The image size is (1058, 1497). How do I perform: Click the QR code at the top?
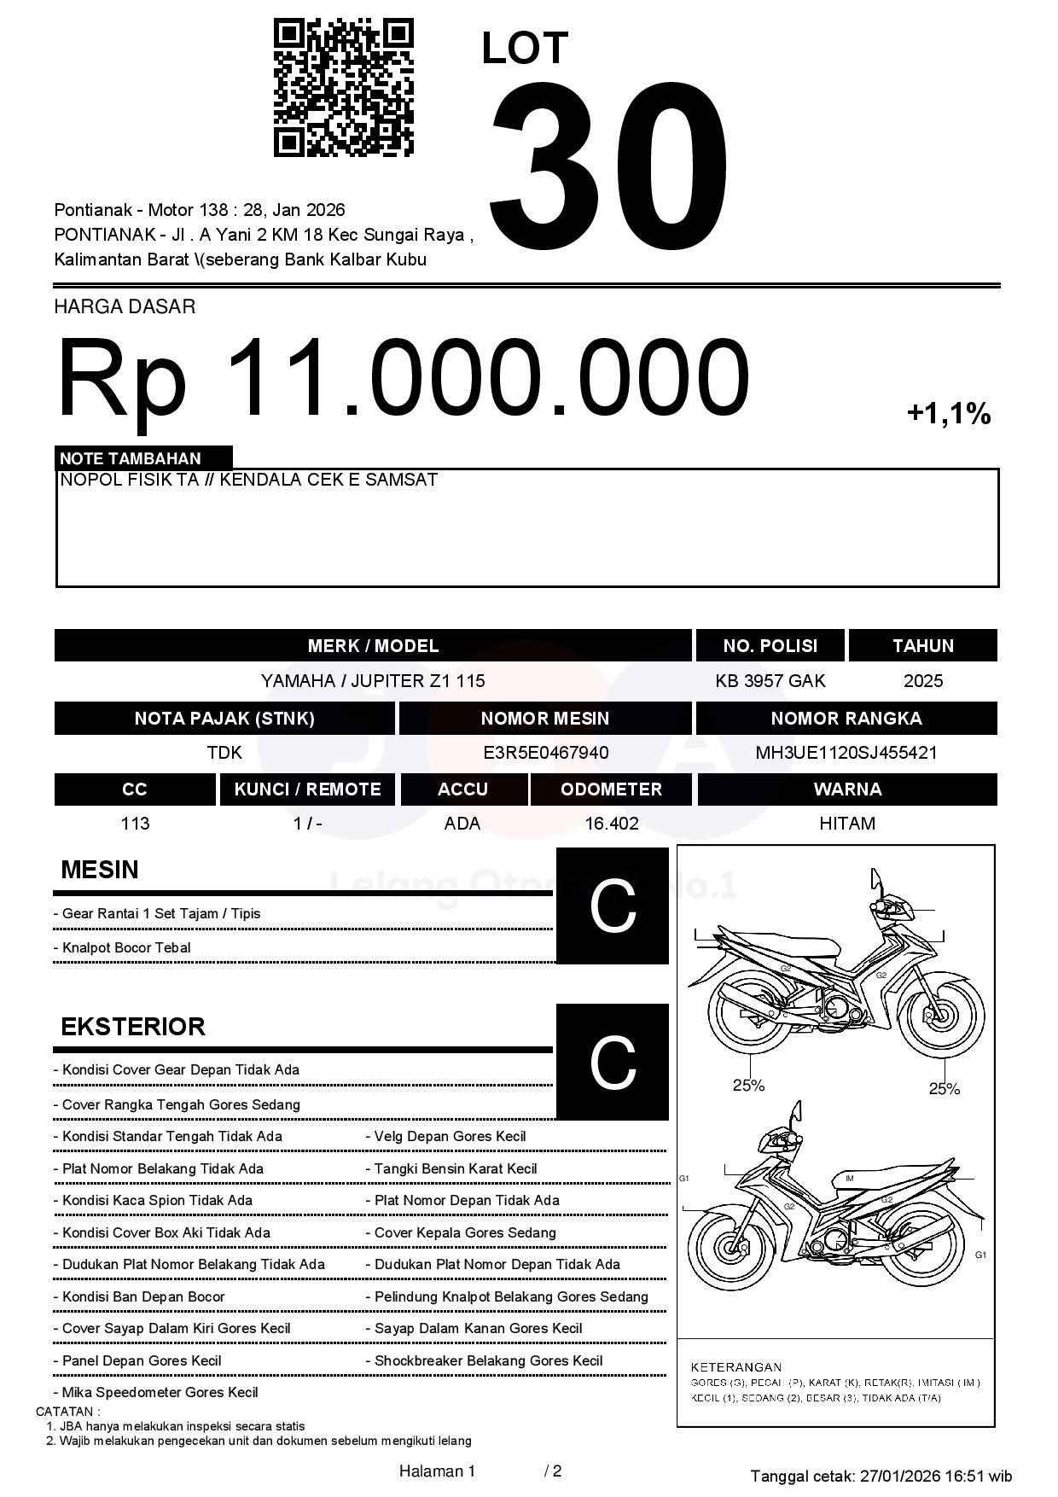pyautogui.click(x=343, y=88)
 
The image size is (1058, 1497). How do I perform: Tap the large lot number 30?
pyautogui.click(x=608, y=157)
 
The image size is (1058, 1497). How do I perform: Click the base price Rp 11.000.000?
pyautogui.click(x=403, y=378)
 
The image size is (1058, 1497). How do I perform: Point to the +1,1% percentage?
pyautogui.click(x=948, y=415)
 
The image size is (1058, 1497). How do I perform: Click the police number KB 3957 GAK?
pyautogui.click(x=770, y=681)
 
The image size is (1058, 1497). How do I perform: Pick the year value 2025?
pyautogui.click(x=922, y=681)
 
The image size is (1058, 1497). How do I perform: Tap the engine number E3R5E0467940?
pyautogui.click(x=545, y=753)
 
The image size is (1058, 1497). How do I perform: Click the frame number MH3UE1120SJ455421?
pyautogui.click(x=846, y=753)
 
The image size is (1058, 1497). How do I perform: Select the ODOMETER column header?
pyautogui.click(x=611, y=789)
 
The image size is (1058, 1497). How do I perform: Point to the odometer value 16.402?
pyautogui.click(x=611, y=824)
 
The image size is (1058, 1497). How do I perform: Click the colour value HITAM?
pyautogui.click(x=846, y=824)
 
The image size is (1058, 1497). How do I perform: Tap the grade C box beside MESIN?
pyautogui.click(x=612, y=906)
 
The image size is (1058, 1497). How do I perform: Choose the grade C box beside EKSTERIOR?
pyautogui.click(x=612, y=1062)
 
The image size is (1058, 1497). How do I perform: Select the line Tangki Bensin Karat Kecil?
pyautogui.click(x=456, y=1169)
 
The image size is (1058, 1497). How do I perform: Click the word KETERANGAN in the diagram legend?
pyautogui.click(x=735, y=1367)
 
